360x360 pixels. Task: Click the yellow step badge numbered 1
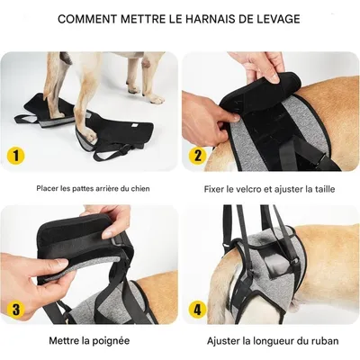tap(16, 155)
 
